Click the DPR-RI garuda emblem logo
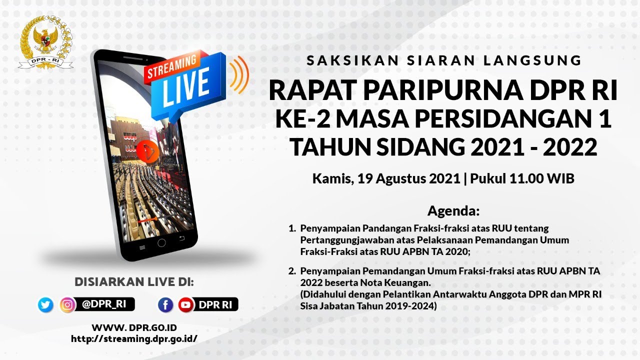click(45, 42)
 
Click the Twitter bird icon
click(45, 304)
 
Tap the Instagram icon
click(67, 304)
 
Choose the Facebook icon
click(165, 304)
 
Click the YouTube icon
click(186, 304)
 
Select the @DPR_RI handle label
click(104, 304)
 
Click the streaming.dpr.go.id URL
click(134, 338)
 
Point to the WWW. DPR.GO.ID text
click(134, 327)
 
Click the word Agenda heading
click(453, 210)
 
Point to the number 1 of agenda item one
click(291, 228)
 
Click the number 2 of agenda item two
click(292, 271)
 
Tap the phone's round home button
click(161, 243)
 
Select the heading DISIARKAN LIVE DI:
click(134, 281)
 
